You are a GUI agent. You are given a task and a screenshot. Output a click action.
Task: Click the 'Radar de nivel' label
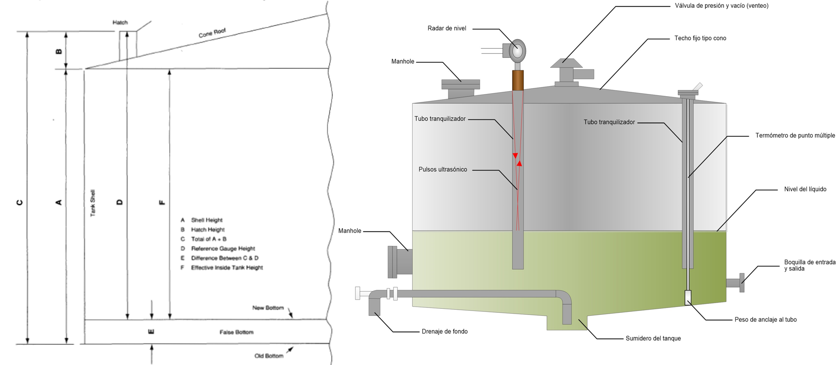coord(447,29)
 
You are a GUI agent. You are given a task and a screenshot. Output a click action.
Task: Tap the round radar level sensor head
coord(518,51)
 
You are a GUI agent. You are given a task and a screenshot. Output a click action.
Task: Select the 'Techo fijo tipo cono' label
coord(700,39)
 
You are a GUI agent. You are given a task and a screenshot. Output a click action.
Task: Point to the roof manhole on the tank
coord(461,88)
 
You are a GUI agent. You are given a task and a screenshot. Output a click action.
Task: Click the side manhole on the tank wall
coord(400,262)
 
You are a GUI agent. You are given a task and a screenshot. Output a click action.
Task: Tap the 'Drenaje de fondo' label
coord(444,332)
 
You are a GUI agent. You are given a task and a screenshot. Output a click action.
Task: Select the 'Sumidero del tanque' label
coord(653,339)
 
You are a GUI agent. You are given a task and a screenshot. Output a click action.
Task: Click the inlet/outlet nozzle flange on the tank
coord(741,282)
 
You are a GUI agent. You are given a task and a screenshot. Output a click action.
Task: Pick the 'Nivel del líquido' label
coord(805,189)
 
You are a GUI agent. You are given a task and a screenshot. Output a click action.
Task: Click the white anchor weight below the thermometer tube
coord(688,297)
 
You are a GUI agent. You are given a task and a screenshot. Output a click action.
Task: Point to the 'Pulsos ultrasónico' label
coord(442,170)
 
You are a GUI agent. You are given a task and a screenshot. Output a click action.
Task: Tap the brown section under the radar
coord(518,80)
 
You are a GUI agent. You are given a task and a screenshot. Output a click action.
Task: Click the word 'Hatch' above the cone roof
coord(120,22)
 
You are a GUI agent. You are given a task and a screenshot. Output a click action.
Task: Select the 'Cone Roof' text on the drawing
coord(212,33)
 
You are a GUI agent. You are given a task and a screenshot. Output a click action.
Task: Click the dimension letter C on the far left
coord(20,202)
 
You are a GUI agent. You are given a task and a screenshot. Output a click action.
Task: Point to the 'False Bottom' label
coord(237,332)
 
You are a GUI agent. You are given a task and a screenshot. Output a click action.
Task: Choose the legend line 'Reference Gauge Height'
coord(222,249)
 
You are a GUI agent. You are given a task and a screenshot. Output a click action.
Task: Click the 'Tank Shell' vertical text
coord(93,203)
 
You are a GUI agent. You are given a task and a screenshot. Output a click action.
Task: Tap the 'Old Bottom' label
coord(269,356)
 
